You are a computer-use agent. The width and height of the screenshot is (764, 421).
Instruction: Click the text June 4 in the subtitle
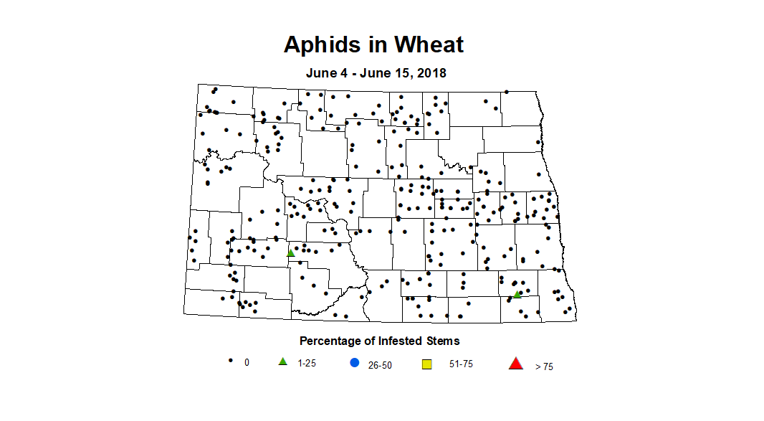click(x=327, y=73)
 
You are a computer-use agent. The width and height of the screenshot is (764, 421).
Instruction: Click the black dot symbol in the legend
click(x=230, y=361)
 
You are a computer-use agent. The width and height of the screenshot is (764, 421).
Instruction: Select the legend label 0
click(x=247, y=363)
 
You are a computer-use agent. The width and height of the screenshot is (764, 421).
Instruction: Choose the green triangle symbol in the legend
click(x=282, y=361)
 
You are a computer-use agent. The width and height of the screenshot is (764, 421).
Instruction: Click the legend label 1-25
click(x=307, y=363)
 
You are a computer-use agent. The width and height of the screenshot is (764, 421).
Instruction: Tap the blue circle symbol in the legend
click(x=354, y=363)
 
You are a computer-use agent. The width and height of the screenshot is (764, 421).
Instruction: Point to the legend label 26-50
click(x=380, y=365)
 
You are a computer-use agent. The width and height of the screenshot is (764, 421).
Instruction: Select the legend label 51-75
click(x=461, y=364)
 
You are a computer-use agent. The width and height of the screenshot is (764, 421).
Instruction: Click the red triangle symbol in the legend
click(x=515, y=364)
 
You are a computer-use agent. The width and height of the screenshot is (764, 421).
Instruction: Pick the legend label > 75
click(x=544, y=366)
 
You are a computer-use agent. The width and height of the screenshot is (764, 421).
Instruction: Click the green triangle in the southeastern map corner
click(x=517, y=294)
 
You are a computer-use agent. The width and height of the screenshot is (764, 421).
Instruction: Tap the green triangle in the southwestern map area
click(x=290, y=252)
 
